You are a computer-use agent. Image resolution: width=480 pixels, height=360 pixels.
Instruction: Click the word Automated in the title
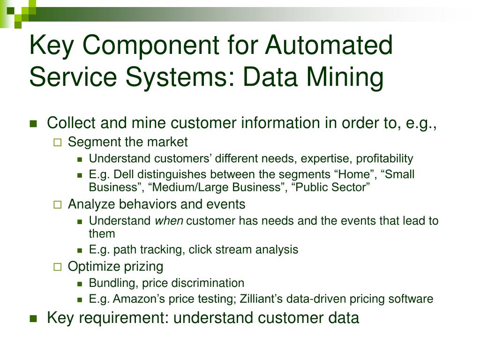329,46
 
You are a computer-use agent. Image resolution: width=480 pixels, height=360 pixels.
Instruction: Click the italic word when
169,221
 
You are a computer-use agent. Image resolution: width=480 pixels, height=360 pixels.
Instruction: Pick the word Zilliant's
260,299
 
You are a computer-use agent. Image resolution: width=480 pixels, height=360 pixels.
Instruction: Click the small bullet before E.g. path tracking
80,250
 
